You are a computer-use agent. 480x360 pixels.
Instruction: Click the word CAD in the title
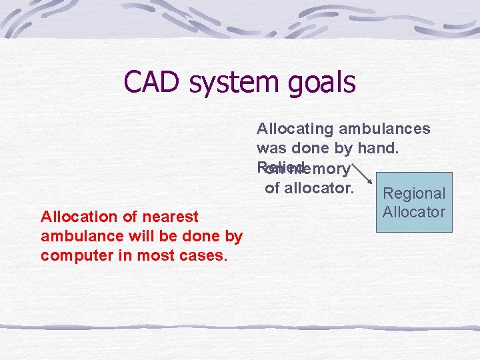(153, 83)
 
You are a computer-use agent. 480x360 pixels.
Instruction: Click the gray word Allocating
(295, 129)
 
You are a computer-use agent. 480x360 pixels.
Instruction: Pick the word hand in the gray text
(381, 149)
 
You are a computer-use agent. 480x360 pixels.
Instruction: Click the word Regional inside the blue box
(414, 193)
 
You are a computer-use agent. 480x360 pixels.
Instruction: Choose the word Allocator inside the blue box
(414, 212)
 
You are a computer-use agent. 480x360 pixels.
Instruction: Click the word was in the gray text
(271, 149)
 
